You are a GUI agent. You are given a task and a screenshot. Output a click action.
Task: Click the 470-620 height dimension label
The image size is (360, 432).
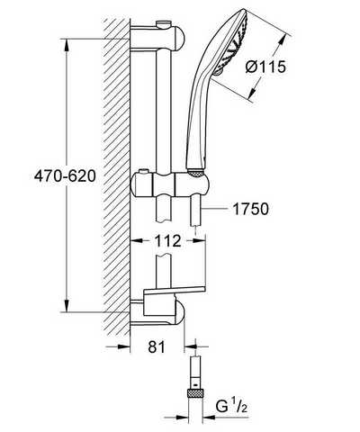pos(65,176)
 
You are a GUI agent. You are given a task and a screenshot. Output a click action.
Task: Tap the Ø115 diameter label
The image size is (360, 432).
pos(265,67)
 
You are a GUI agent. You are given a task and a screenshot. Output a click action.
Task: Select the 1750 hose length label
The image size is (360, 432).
pos(250,209)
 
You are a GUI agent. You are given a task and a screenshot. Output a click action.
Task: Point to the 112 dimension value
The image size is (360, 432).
pos(168,241)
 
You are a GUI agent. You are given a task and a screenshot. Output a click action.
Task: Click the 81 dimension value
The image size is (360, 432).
pos(157,347)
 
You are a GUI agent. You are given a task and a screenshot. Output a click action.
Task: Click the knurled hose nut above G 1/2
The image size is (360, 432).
pos(195,392)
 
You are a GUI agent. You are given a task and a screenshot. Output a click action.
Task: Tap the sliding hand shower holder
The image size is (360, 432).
pos(170,184)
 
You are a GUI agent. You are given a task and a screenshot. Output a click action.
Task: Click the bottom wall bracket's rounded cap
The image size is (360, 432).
pos(179,312)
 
